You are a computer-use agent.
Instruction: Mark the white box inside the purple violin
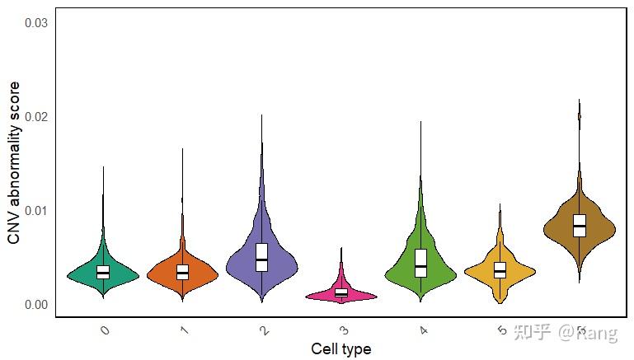click(261, 257)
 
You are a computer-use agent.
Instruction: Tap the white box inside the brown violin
click(579, 226)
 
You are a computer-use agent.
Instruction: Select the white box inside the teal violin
click(103, 271)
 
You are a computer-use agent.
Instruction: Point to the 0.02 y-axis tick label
click(37, 116)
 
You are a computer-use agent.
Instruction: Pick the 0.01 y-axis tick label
click(37, 211)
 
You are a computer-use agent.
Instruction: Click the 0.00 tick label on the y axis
click(37, 305)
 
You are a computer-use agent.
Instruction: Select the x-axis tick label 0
click(104, 330)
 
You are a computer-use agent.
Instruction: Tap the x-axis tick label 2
click(263, 330)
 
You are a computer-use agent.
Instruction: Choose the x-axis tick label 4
click(423, 330)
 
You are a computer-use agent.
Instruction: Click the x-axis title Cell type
click(340, 349)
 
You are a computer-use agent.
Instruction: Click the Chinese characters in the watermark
click(532, 332)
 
